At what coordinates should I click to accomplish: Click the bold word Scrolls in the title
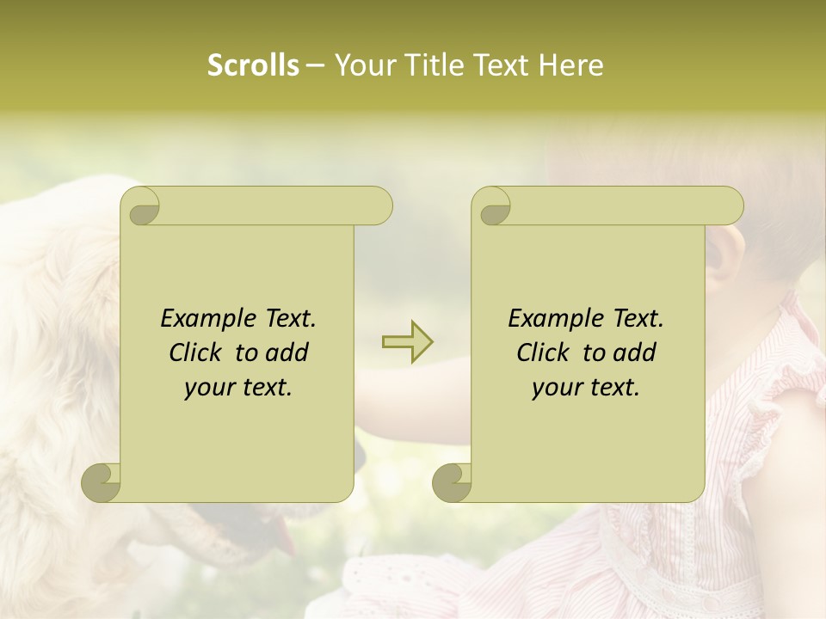pyautogui.click(x=253, y=65)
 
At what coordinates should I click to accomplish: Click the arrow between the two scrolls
pyautogui.click(x=408, y=343)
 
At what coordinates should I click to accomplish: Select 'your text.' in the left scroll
pyautogui.click(x=238, y=388)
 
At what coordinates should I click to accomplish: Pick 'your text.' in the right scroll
pyautogui.click(x=586, y=388)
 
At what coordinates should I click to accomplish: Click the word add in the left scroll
pyautogui.click(x=287, y=352)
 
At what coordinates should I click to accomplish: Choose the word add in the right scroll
pyautogui.click(x=634, y=352)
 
